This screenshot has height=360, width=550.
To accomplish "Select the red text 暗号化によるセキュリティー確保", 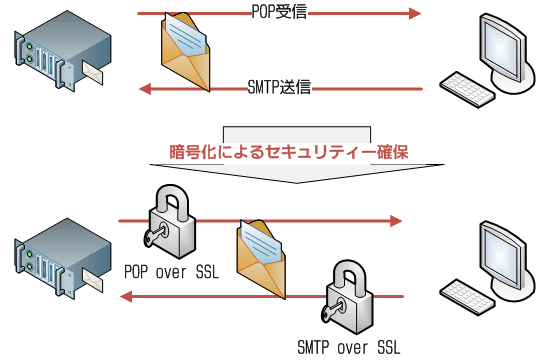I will tap(290, 153).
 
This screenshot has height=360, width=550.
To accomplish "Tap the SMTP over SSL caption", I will tap(348, 348).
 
